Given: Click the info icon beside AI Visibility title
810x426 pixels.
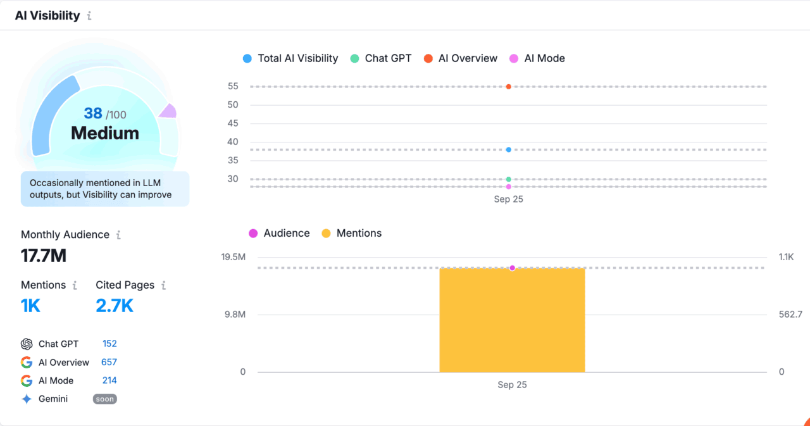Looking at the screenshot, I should (x=89, y=16).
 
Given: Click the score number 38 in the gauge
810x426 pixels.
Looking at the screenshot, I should (x=93, y=113).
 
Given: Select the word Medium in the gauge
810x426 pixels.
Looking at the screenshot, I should (x=105, y=133).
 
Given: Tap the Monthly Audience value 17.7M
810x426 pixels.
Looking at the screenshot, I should (x=44, y=256).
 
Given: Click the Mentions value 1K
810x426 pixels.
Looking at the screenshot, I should (x=30, y=306).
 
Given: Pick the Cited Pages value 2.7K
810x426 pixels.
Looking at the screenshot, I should (x=115, y=306).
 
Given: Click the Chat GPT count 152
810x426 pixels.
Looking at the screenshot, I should (x=109, y=344).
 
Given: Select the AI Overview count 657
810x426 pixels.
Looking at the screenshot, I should (x=109, y=362).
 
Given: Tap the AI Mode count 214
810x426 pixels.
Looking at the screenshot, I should (x=109, y=380).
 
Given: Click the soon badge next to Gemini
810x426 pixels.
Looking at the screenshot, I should (x=105, y=399).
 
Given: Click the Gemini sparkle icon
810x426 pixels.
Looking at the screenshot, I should (x=27, y=399).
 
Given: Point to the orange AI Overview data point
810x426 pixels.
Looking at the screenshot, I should (x=508, y=87).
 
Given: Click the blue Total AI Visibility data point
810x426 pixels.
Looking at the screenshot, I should (x=508, y=149).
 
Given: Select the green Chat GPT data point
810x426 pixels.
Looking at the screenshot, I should (x=508, y=179).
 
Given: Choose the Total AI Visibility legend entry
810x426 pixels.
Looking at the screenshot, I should (x=291, y=58).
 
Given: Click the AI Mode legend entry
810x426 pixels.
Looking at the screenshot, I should (x=537, y=58).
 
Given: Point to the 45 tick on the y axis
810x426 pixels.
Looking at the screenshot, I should (x=233, y=123).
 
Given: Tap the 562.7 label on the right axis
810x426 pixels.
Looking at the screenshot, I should (x=790, y=315).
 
